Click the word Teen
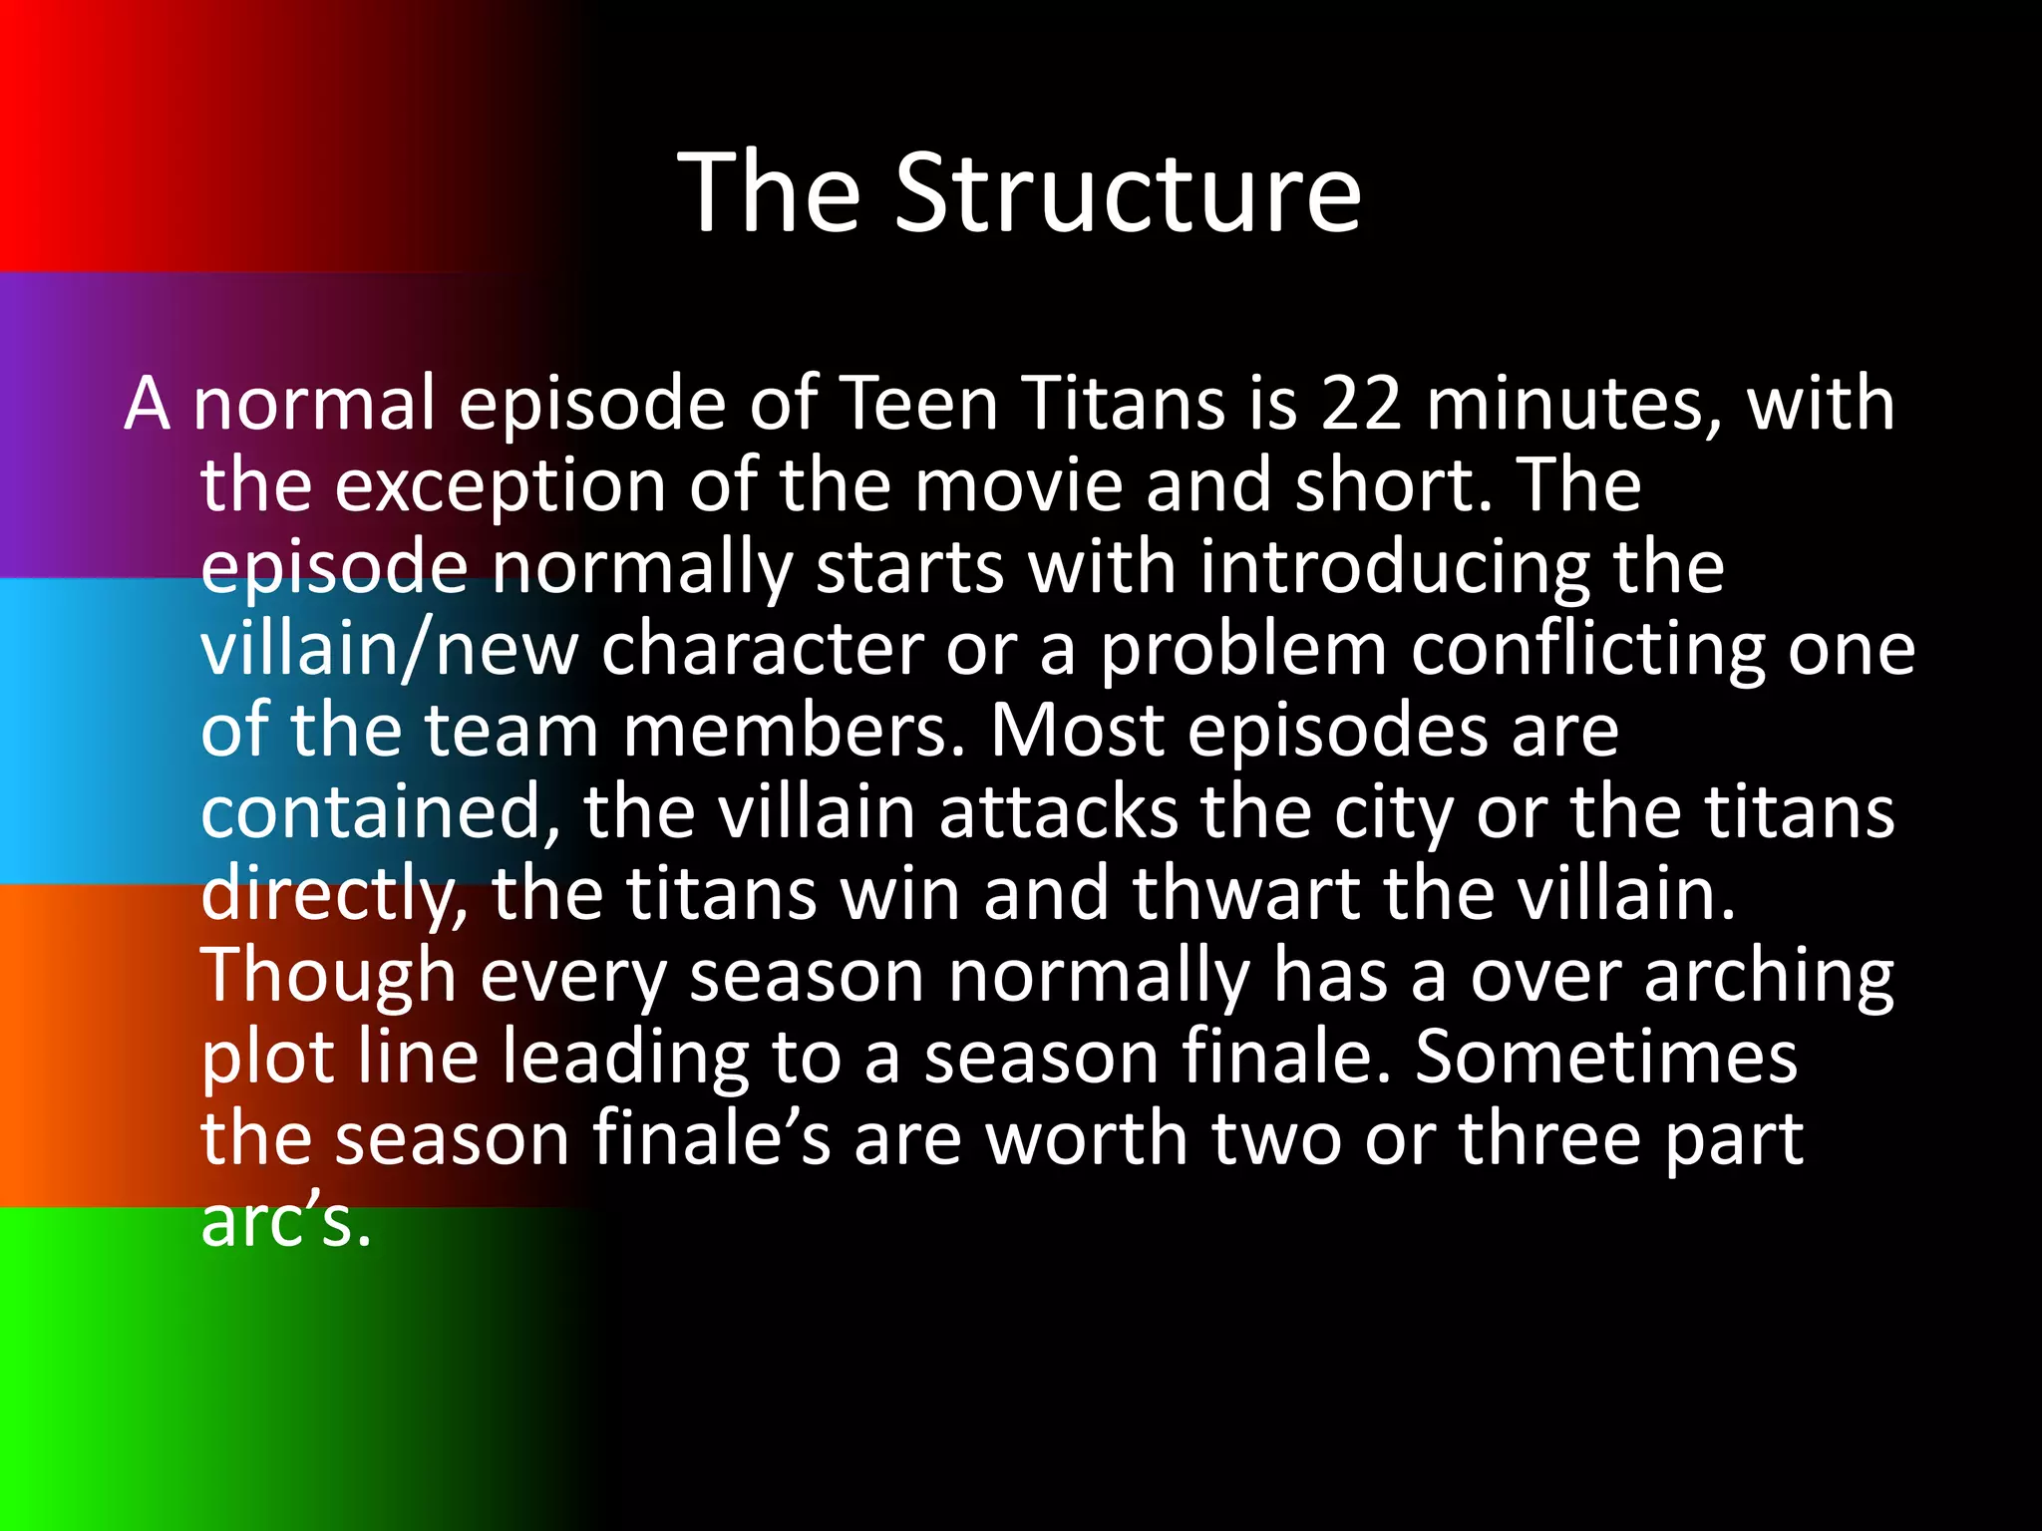click(x=919, y=404)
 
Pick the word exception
click(x=500, y=486)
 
